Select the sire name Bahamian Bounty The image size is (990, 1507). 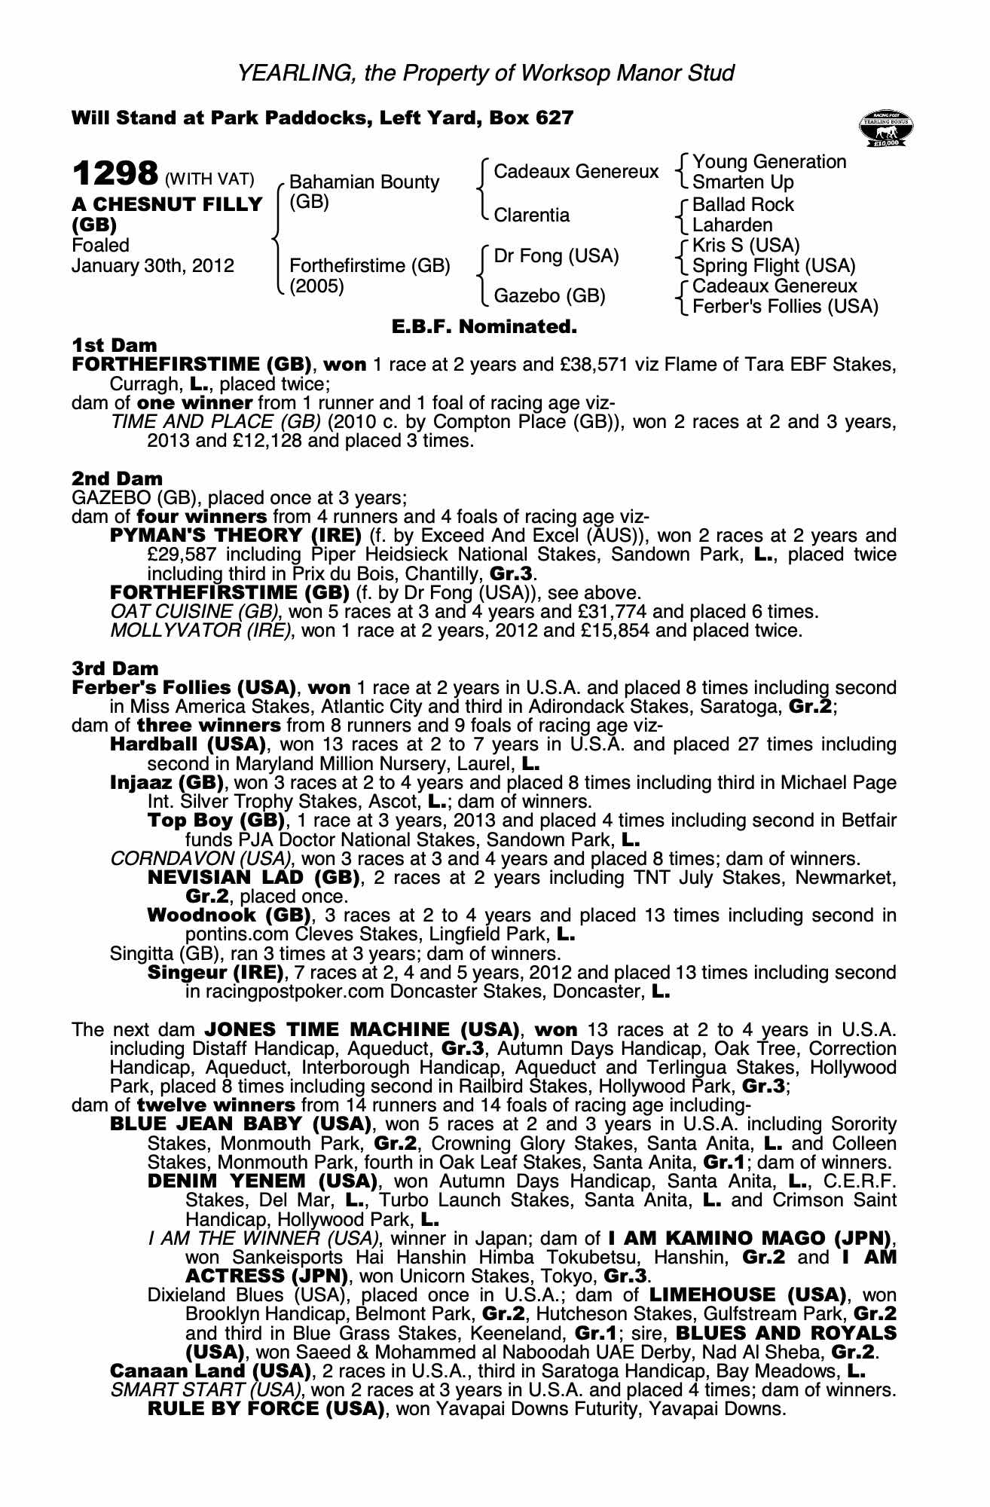[x=364, y=182]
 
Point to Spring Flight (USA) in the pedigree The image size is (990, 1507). [x=774, y=266]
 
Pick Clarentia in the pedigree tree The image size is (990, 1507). [x=531, y=216]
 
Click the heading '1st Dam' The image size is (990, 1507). [x=114, y=346]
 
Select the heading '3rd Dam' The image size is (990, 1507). [x=115, y=668]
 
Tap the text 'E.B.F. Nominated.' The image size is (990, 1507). [x=484, y=327]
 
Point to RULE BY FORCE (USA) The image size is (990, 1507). [x=266, y=1409]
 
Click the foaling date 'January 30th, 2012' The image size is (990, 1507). [x=153, y=266]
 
